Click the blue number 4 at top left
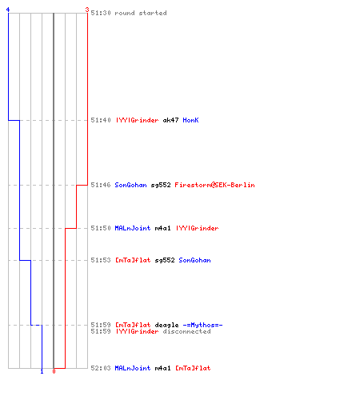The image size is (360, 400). coord(8,10)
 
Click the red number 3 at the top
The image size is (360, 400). coord(87,10)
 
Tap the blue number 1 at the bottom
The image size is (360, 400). coord(42,371)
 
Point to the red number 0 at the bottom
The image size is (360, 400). coord(54,371)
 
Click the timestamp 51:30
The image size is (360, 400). coord(101,13)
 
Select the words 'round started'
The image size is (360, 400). coord(141,13)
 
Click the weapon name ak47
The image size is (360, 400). coord(170,120)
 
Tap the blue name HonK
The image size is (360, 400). coord(190,120)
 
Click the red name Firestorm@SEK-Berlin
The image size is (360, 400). coord(214,185)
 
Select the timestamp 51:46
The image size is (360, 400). coord(101,185)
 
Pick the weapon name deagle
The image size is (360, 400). coord(166,325)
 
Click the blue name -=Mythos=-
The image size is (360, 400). coord(202,325)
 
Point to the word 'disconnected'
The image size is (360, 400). coord(186,331)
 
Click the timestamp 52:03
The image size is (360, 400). coord(101,368)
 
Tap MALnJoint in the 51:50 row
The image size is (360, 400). coord(133,228)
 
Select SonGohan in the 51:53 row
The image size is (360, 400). coord(194,260)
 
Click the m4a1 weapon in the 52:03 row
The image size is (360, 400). coord(162,368)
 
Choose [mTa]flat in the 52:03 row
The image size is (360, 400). coord(193,368)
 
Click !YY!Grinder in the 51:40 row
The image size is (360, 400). coord(137,120)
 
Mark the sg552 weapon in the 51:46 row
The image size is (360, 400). coord(161,185)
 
